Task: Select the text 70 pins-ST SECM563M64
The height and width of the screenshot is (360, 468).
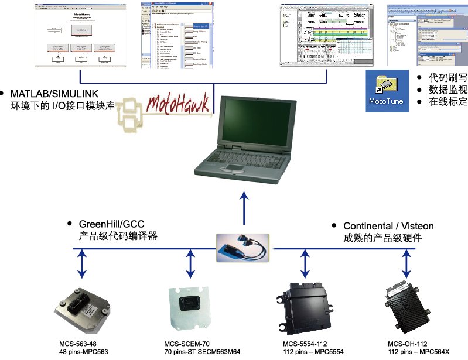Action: (203, 352)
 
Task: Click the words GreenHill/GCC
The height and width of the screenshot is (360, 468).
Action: (112, 224)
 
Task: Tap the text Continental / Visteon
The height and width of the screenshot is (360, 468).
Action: (388, 226)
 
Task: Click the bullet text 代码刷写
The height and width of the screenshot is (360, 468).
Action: (448, 77)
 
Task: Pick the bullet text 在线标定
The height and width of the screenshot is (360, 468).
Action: (448, 101)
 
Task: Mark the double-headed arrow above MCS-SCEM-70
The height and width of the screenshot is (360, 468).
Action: (190, 264)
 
